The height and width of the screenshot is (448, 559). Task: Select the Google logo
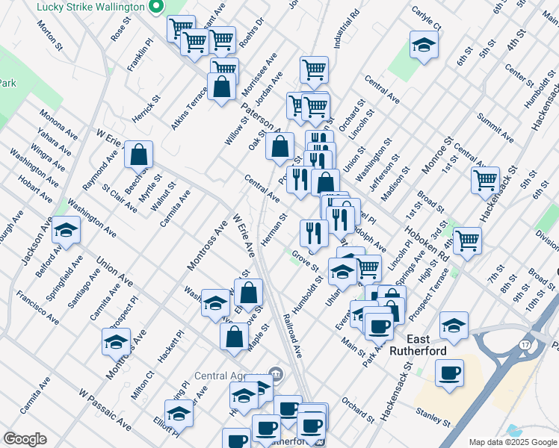[x=25, y=439]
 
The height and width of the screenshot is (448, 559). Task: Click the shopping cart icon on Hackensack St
[x=486, y=180]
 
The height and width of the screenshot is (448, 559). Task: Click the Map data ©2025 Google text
[x=513, y=442]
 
